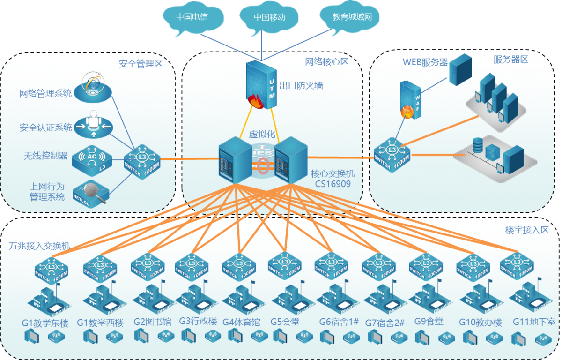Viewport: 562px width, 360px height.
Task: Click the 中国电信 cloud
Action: tap(192, 18)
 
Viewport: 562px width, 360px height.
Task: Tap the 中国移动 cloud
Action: tap(269, 18)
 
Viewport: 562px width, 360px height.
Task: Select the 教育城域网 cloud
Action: tap(352, 18)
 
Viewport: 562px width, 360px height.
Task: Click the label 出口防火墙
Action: tap(301, 86)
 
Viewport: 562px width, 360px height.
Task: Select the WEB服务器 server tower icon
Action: tap(460, 69)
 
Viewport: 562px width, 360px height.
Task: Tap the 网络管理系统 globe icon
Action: tap(94, 87)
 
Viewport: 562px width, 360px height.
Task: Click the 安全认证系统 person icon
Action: tap(94, 124)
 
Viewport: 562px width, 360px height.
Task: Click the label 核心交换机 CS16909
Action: tap(330, 178)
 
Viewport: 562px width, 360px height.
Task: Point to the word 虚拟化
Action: tap(262, 134)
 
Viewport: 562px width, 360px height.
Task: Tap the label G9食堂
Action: tap(429, 322)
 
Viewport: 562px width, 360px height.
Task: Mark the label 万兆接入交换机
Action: tap(39, 246)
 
